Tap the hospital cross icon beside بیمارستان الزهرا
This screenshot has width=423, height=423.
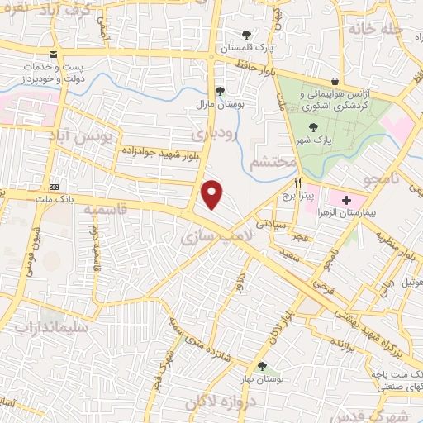click(346, 199)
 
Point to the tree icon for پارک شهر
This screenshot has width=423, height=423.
click(312, 127)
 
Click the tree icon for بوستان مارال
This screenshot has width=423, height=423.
click(218, 90)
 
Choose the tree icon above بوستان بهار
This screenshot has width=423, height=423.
click(262, 366)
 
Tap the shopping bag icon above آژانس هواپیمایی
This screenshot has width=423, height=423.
click(334, 81)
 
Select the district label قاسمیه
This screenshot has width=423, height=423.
click(106, 211)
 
